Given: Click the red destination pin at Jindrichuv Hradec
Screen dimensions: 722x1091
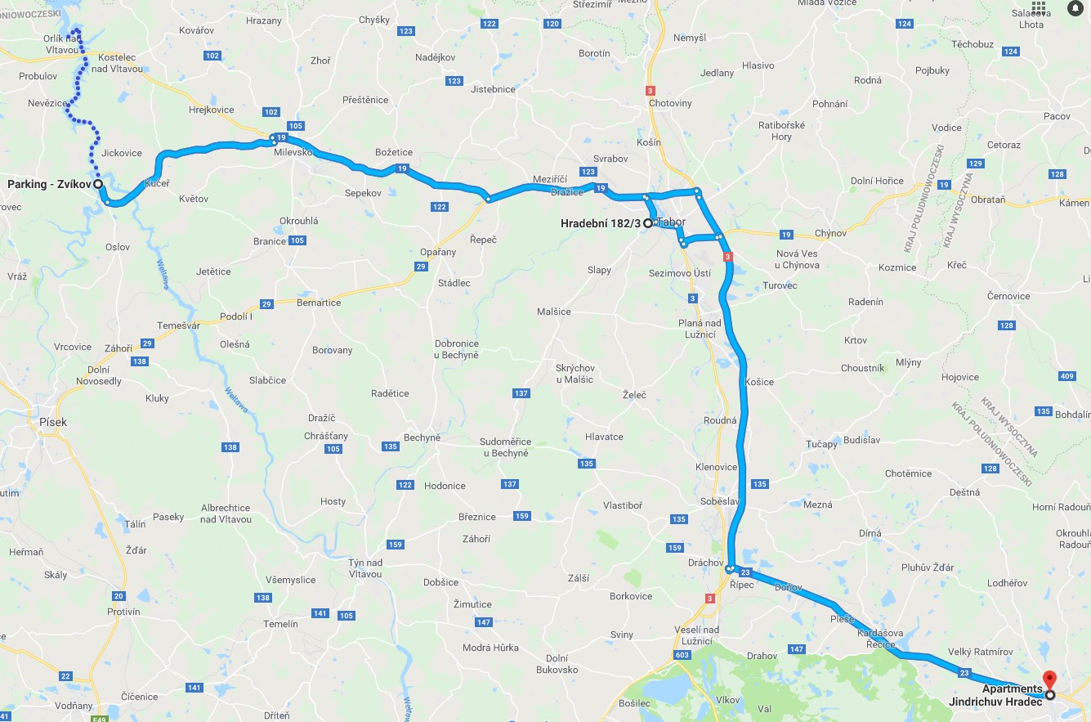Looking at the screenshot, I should click(x=1050, y=679).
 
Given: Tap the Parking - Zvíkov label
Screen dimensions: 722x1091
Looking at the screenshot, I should click(x=49, y=184).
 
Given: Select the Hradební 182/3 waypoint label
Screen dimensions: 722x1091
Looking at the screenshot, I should click(x=601, y=222).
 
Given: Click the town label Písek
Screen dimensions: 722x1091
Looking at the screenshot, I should click(x=53, y=422).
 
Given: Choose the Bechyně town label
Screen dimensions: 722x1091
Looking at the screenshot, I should click(x=422, y=437).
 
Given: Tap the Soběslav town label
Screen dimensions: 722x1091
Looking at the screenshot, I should click(x=720, y=500).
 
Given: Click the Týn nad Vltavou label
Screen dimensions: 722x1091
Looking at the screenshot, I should click(x=365, y=568).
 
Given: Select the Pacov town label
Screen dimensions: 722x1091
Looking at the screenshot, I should click(x=1057, y=117).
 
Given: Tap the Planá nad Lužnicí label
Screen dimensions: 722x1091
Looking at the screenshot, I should click(x=696, y=329).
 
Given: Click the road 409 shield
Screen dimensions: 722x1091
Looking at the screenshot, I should click(x=1066, y=377).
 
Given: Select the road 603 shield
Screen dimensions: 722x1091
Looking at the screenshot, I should click(x=682, y=654).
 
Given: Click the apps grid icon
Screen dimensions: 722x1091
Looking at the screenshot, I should click(x=1039, y=8).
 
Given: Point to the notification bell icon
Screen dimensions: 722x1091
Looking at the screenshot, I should click(x=1075, y=8).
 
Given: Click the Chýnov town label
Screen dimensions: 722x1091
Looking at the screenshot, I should click(x=830, y=234).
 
